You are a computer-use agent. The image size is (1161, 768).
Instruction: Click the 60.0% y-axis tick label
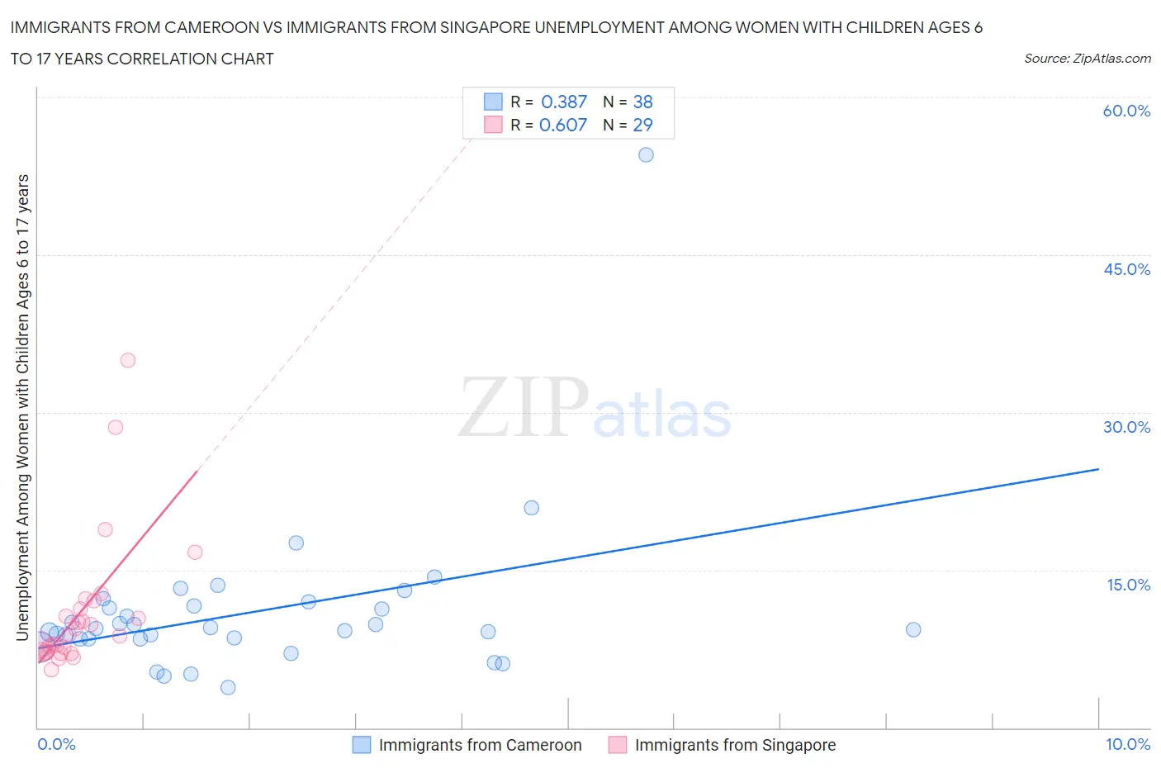tap(1126, 111)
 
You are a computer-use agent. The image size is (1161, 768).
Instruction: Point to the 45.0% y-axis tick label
tap(1126, 269)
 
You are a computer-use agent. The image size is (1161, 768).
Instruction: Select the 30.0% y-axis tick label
tap(1126, 427)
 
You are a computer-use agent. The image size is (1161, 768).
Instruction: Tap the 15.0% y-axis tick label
tap(1128, 585)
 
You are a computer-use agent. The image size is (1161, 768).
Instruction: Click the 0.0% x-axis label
tap(56, 744)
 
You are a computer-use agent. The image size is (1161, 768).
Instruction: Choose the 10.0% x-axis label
tap(1128, 744)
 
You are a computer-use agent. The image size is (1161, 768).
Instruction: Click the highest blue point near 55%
tap(646, 154)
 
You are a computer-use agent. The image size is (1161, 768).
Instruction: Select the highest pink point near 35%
tap(127, 360)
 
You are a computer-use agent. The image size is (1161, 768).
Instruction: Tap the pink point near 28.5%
tap(116, 427)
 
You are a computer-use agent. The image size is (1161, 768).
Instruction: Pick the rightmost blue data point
tap(913, 629)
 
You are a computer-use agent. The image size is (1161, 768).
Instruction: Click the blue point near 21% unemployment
tap(531, 508)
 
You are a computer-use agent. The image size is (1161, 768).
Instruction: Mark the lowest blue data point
tap(228, 687)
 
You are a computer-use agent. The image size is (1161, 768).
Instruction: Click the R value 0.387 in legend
tap(563, 102)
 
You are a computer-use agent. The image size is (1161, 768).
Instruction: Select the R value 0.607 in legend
tap(563, 125)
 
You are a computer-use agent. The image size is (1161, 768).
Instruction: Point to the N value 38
tap(642, 102)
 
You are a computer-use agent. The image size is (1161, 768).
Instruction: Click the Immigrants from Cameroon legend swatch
tap(362, 745)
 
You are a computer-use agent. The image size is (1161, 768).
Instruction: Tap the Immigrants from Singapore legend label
tap(735, 745)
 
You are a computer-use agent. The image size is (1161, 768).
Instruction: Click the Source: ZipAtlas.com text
tap(1087, 58)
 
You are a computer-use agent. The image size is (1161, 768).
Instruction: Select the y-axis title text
tap(22, 408)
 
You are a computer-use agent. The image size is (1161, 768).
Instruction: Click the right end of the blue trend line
tap(1098, 469)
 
